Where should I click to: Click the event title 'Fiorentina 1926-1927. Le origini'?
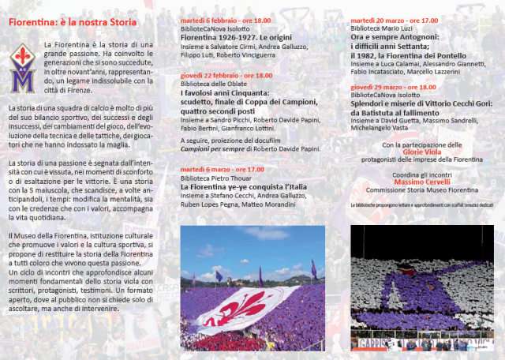pos(231,38)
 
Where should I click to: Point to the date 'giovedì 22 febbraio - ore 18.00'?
pos(226,75)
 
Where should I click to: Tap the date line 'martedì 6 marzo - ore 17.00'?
pos(223,169)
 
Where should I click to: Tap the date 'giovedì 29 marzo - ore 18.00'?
pos(393,87)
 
